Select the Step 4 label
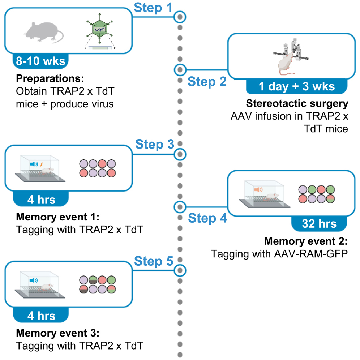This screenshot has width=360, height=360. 208,218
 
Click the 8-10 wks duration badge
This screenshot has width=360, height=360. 40,60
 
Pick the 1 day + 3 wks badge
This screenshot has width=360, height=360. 296,87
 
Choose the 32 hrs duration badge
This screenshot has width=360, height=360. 319,224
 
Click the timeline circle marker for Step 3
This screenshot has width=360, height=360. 180,155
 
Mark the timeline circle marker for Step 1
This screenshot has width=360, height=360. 180,17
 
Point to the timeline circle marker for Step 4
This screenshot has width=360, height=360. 180,207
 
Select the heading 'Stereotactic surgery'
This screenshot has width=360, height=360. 297,104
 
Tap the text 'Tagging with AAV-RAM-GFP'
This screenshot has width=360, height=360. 279,254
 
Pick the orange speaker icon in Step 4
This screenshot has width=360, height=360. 257,189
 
